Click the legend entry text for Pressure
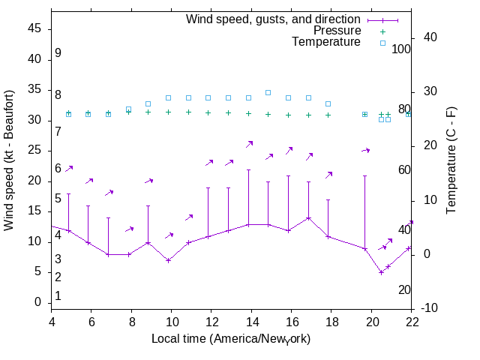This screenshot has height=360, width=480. (337, 31)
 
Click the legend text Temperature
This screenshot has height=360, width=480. (326, 42)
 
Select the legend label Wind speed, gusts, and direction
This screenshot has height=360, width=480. (273, 19)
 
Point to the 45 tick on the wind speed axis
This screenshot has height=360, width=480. (35, 28)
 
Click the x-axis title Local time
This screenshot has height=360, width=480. (231, 338)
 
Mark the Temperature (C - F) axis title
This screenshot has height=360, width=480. (452, 160)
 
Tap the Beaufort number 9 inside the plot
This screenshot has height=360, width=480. (58, 54)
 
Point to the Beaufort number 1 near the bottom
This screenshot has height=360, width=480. (58, 295)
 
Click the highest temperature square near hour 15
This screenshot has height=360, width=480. (268, 92)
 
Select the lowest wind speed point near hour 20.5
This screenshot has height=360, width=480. (381, 272)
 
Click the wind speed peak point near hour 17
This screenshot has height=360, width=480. (308, 218)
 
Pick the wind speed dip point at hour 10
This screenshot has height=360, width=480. (169, 260)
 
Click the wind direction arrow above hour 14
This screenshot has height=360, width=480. (250, 143)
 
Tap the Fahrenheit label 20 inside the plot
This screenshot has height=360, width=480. (404, 289)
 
